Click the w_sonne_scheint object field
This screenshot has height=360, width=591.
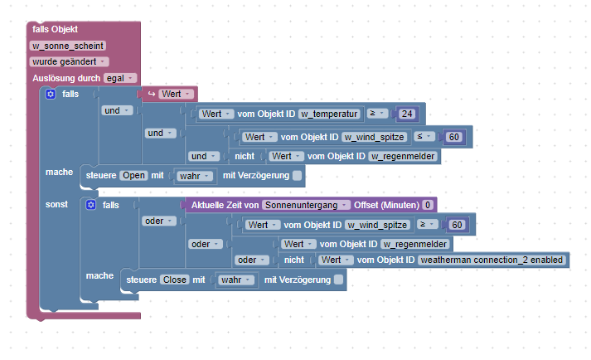pos(68,46)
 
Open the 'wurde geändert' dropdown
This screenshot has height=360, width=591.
pos(69,61)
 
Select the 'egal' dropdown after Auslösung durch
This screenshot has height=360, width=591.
pos(119,78)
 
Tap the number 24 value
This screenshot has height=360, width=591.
pos(407,114)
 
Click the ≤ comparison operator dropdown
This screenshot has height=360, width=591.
pos(424,136)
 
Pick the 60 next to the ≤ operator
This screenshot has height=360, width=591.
pos(453,136)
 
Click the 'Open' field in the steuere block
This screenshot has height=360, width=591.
pos(133,176)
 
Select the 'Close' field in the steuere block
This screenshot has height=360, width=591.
pos(174,280)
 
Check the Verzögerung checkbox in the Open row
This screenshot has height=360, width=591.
pos(296,176)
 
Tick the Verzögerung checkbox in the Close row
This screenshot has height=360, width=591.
pos(337,280)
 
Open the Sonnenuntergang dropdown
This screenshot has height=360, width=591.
pos(305,204)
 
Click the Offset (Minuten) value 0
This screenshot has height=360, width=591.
pos(427,204)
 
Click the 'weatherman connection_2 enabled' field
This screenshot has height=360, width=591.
pos(492,260)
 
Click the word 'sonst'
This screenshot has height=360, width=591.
pos(56,203)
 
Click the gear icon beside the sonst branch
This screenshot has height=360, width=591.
pos(90,204)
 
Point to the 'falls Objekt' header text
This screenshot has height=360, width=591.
pos(55,30)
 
